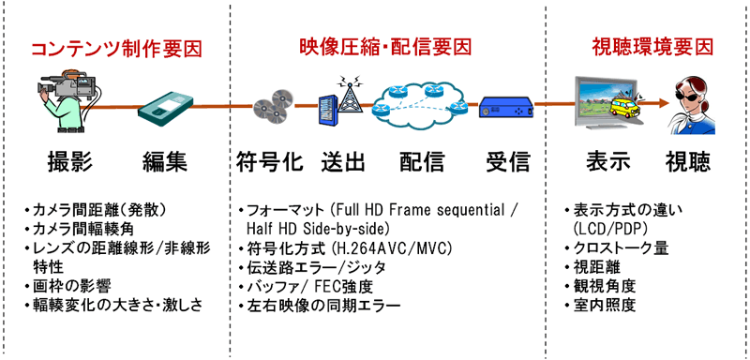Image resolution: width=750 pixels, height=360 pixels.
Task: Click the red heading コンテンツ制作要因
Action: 116,48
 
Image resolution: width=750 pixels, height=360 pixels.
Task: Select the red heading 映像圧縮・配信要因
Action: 384,46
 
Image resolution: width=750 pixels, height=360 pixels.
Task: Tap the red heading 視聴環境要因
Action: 652,46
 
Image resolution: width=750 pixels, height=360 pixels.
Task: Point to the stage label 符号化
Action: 270,161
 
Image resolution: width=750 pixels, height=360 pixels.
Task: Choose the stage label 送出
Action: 342,161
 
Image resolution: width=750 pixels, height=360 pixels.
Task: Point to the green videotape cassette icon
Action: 169,109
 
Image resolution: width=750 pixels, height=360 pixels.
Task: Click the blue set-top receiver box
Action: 507,109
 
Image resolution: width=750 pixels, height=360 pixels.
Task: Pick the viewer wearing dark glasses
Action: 689,103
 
